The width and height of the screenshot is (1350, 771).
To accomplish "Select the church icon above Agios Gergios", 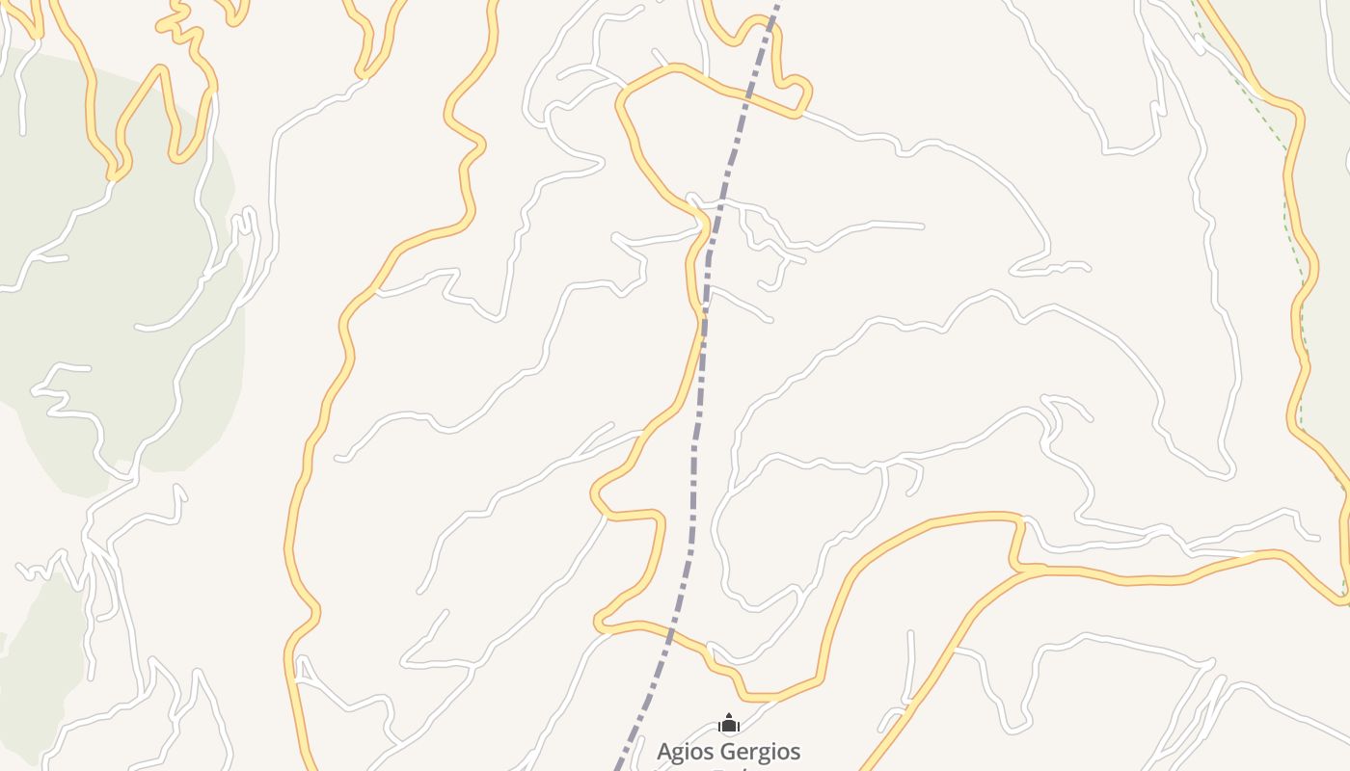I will pyautogui.click(x=729, y=724).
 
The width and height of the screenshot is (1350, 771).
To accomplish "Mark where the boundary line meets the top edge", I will pyautogui.click(x=777, y=3).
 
